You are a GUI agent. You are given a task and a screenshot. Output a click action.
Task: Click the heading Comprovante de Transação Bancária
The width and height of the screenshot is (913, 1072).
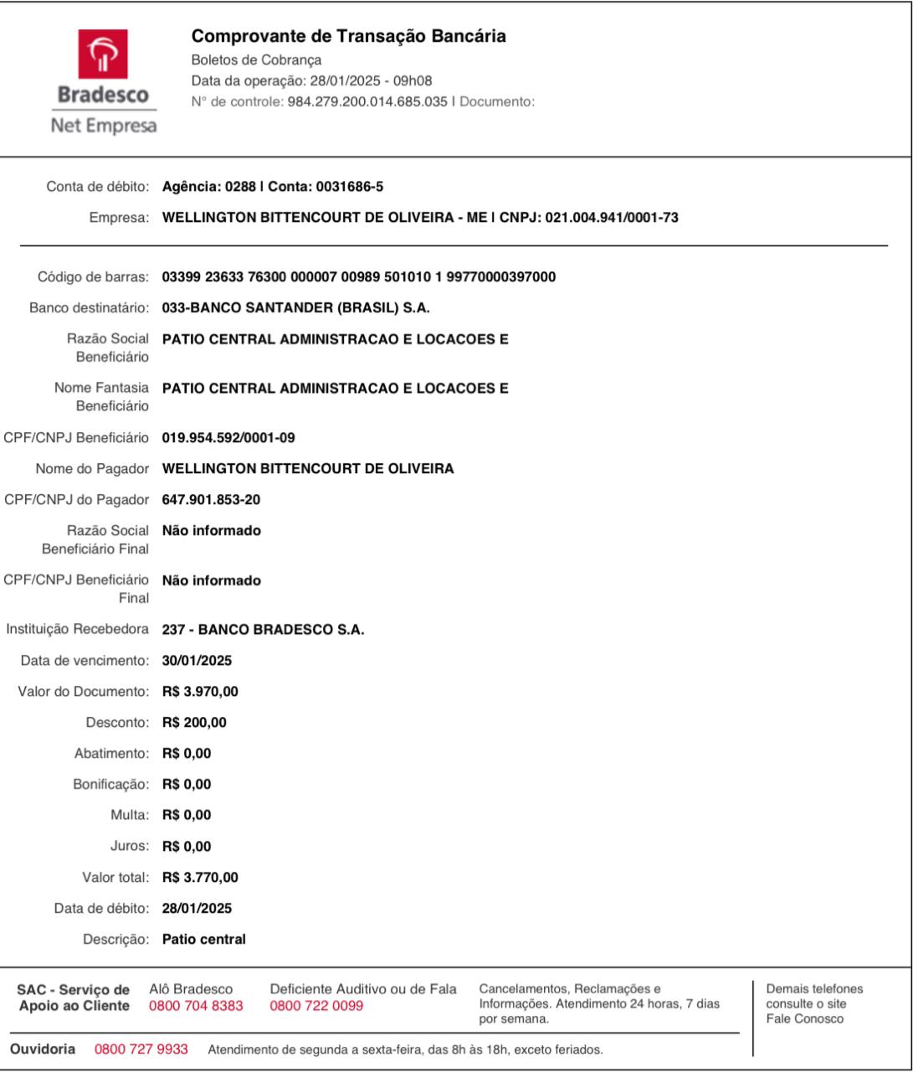point(349,37)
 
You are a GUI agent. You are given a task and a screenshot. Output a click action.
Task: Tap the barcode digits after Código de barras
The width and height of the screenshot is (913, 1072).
point(358,277)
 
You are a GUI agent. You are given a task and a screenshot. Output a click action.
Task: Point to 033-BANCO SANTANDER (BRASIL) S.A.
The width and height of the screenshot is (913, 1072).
point(295,308)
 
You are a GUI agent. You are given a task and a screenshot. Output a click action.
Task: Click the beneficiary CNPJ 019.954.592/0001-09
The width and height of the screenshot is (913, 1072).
point(228,438)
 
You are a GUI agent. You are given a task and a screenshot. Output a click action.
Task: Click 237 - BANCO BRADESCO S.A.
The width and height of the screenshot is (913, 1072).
point(263,630)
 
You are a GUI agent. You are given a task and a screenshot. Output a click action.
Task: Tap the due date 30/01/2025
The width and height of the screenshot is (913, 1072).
point(197,661)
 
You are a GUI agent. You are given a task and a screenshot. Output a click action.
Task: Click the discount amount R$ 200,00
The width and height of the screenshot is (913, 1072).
point(194,723)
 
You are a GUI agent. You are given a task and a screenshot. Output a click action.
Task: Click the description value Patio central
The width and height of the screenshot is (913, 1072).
point(204,940)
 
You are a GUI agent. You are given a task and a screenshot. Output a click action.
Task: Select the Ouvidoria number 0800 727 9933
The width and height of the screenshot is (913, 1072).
point(141,1049)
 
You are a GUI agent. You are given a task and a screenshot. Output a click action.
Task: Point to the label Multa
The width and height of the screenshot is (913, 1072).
point(130,816)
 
